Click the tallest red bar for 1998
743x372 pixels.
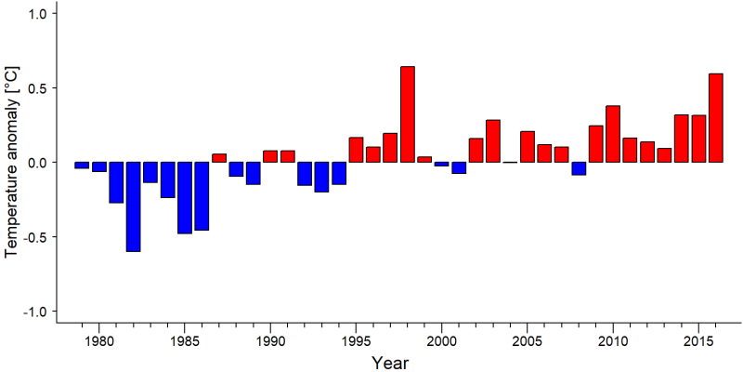click(x=408, y=114)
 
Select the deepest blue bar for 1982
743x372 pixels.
click(x=133, y=206)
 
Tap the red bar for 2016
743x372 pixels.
click(x=716, y=118)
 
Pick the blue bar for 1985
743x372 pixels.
click(x=185, y=198)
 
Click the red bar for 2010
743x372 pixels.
click(x=613, y=134)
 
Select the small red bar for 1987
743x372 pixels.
click(x=219, y=158)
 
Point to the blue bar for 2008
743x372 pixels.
click(x=579, y=168)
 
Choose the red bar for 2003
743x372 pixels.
click(x=493, y=141)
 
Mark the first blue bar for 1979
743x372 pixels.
click(x=82, y=166)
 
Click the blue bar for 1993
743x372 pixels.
click(x=321, y=177)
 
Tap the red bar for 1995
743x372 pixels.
click(x=356, y=150)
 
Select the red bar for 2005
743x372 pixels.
click(x=528, y=147)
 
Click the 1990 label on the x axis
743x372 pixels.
click(x=270, y=341)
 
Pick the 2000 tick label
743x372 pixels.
click(x=442, y=341)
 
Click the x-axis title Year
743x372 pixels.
click(x=389, y=363)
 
